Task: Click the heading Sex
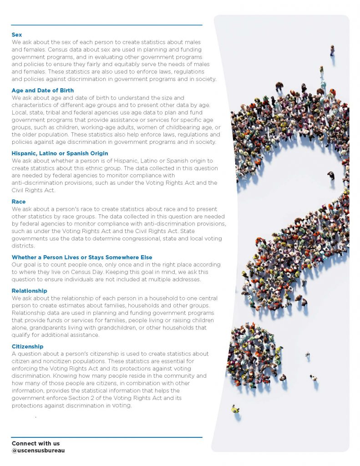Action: click(16, 35)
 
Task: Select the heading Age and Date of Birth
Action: click(42, 91)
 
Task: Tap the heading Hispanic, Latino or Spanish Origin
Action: click(60, 153)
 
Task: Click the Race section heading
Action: click(19, 202)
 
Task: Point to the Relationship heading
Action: click(29, 291)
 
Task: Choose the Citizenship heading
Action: click(27, 347)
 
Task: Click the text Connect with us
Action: click(35, 443)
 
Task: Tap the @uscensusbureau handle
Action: click(38, 451)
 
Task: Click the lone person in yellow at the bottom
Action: click(235, 409)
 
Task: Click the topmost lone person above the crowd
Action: click(332, 50)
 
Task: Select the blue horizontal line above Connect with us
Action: click(107, 437)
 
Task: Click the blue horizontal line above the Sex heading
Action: click(107, 25)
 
